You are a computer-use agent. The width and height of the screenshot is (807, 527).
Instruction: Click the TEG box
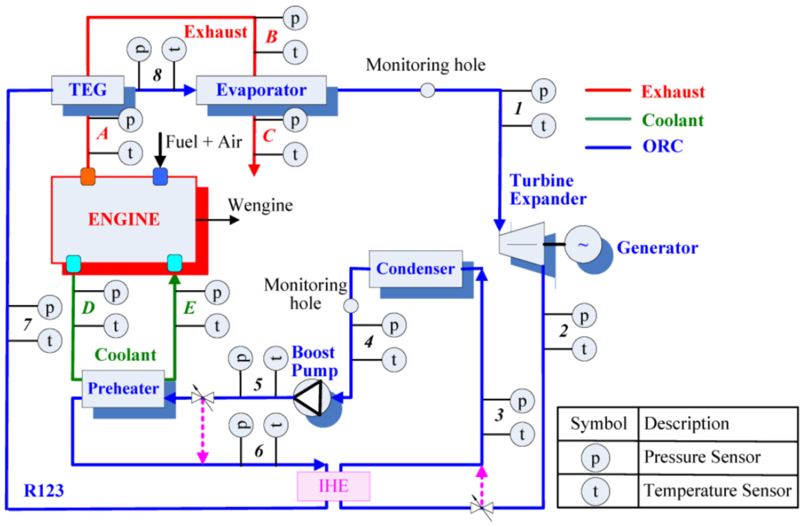(x=88, y=90)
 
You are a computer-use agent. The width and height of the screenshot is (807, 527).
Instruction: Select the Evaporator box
(x=261, y=90)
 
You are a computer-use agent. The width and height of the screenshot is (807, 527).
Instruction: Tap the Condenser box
(x=415, y=269)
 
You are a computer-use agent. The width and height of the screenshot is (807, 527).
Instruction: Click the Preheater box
(x=123, y=388)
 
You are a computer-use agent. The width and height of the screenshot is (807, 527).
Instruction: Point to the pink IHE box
(x=333, y=486)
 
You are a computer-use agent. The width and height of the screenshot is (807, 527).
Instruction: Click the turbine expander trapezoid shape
(x=522, y=244)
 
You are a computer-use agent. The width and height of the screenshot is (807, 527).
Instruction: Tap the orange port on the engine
(x=88, y=177)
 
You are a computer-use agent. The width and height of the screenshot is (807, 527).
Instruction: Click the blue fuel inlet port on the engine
(x=161, y=177)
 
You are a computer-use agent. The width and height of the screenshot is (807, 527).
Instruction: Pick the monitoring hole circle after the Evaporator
(x=427, y=90)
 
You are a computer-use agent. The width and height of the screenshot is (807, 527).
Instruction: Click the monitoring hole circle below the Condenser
(x=351, y=306)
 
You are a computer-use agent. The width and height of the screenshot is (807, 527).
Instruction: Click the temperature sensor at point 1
(x=543, y=126)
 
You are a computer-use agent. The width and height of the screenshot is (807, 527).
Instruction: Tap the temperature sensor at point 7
(x=50, y=341)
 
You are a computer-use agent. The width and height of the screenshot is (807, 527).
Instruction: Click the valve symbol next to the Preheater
(x=202, y=397)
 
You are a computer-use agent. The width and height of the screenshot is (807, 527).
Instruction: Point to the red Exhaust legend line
(x=608, y=90)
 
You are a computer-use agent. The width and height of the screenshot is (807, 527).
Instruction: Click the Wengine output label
(x=260, y=205)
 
